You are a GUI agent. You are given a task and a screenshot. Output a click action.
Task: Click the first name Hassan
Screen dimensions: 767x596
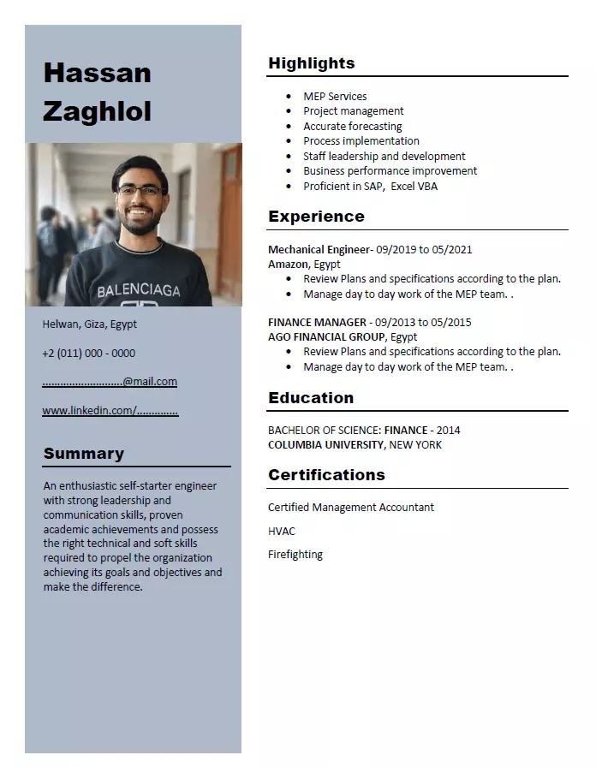click(97, 74)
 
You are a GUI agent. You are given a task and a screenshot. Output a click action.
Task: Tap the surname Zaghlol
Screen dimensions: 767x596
click(97, 111)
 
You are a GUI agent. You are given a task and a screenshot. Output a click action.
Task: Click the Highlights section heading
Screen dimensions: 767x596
click(311, 63)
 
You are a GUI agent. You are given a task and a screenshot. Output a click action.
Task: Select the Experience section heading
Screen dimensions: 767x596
click(316, 217)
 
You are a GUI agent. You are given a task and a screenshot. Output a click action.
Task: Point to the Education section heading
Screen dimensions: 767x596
click(311, 398)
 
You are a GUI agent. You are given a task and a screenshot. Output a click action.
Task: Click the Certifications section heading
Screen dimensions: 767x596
click(326, 475)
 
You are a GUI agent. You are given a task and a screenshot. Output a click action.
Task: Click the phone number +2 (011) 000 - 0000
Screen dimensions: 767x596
click(89, 353)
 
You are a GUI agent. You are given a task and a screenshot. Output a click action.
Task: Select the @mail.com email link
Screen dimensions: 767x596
click(110, 382)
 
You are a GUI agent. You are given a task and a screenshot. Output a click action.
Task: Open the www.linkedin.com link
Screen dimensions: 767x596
click(110, 411)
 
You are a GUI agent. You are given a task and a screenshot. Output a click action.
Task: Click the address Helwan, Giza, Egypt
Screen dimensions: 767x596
click(90, 324)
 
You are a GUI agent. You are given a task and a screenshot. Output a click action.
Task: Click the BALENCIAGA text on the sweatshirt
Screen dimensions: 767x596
click(139, 291)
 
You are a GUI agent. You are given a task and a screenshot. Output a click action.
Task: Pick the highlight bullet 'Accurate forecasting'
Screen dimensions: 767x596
click(352, 126)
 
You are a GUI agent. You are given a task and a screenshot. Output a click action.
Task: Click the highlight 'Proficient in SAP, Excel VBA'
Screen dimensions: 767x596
click(370, 186)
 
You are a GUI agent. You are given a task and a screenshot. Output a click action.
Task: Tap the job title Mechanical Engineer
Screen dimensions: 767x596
click(319, 250)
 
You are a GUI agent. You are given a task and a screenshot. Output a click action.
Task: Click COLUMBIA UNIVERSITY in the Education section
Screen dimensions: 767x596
click(326, 445)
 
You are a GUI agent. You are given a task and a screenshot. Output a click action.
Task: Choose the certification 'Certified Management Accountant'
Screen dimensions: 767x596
click(351, 508)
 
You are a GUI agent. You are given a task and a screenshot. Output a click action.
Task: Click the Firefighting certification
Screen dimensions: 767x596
click(295, 555)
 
